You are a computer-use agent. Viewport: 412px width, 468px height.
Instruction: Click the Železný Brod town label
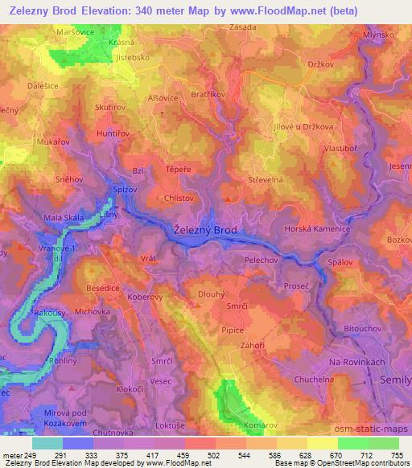tap(205, 230)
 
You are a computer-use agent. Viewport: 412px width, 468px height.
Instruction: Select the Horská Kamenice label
tap(320, 230)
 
